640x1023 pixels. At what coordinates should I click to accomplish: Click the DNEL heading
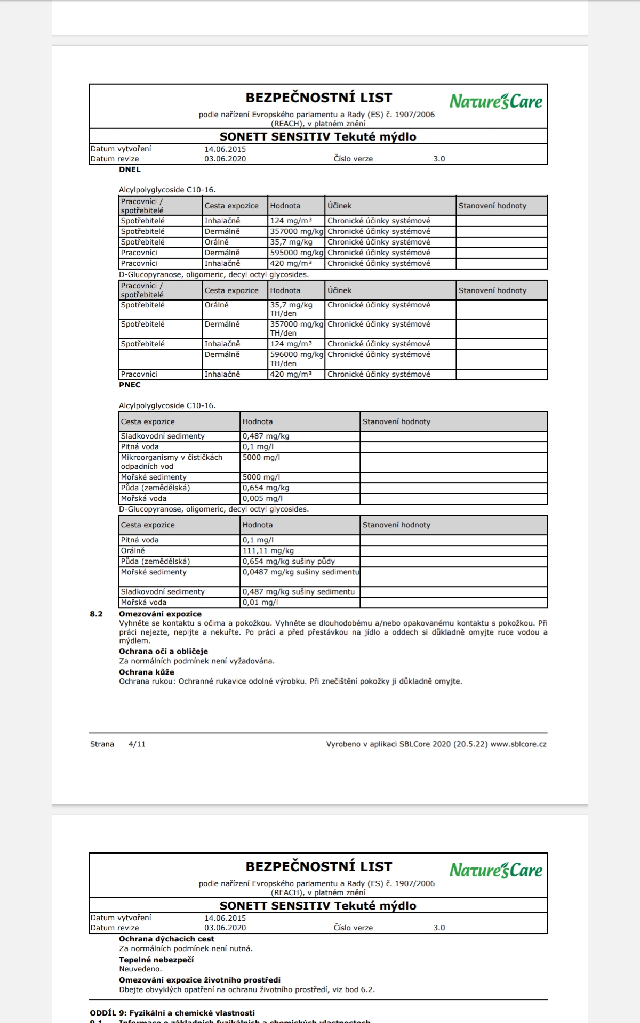[130, 169]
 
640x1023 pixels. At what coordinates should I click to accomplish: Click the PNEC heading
[130, 385]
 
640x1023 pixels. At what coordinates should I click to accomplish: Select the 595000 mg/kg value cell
[296, 253]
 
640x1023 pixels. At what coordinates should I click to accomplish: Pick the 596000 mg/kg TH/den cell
[296, 359]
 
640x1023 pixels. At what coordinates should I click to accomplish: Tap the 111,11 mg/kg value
[268, 550]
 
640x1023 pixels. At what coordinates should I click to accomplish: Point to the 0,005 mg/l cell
[262, 498]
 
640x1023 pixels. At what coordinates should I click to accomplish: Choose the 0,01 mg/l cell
[260, 602]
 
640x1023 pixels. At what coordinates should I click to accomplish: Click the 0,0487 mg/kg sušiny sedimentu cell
[300, 572]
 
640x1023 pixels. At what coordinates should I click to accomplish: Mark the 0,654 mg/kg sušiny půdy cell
[289, 561]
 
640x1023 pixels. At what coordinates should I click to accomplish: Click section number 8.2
[96, 614]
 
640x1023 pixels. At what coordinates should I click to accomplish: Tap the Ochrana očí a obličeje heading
[163, 651]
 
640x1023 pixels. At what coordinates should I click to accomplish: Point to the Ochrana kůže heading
[146, 672]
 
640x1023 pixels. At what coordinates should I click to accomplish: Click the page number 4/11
[137, 744]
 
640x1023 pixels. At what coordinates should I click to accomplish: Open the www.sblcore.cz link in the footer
[518, 744]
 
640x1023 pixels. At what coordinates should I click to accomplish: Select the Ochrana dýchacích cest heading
[166, 939]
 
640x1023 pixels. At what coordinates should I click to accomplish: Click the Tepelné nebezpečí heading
[156, 960]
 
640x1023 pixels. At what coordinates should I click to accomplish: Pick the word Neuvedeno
[140, 969]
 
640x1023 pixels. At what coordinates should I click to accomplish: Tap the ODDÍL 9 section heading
[172, 1013]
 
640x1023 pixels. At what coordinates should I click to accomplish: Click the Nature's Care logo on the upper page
[495, 101]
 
